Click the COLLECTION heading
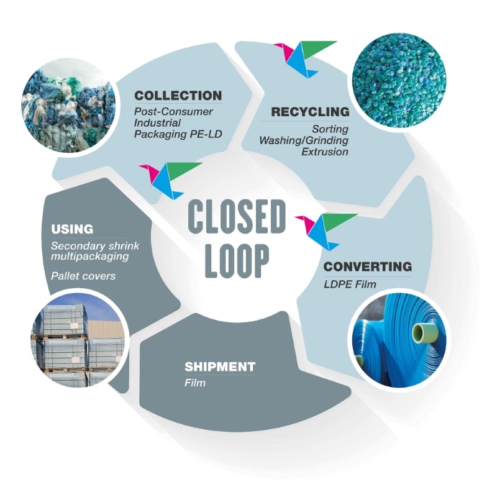178,96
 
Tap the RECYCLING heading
310,112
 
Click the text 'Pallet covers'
83,275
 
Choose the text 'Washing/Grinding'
304,140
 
